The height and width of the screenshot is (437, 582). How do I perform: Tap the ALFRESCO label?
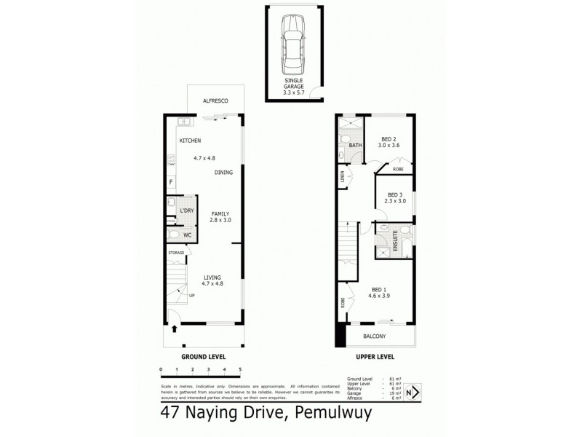click(215, 101)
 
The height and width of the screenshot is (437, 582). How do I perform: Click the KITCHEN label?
click(191, 141)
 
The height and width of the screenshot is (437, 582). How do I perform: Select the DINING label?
click(223, 173)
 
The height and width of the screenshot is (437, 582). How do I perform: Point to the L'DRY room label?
click(187, 210)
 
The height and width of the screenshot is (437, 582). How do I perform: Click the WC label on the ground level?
click(187, 235)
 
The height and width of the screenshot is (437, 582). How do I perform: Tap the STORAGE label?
click(176, 253)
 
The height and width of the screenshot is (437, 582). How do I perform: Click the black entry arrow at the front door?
click(174, 328)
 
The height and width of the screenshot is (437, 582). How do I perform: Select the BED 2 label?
click(389, 140)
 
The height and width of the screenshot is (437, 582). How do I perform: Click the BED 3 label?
click(395, 194)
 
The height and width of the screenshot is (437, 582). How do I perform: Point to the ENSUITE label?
click(396, 241)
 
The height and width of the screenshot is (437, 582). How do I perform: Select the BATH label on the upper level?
click(356, 145)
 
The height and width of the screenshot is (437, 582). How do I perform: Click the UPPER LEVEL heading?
click(375, 358)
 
